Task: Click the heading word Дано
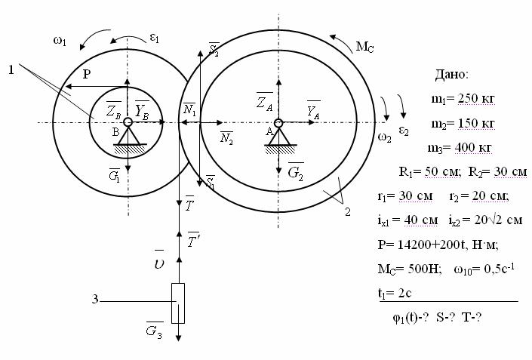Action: (451, 74)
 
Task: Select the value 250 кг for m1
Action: (476, 98)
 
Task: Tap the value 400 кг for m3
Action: (473, 148)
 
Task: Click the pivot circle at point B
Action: (128, 122)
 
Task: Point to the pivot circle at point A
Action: (278, 123)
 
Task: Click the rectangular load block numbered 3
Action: (178, 303)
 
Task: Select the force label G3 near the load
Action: (155, 330)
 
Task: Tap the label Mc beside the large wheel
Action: (364, 47)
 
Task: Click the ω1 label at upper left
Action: (60, 41)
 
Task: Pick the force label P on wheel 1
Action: (87, 74)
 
